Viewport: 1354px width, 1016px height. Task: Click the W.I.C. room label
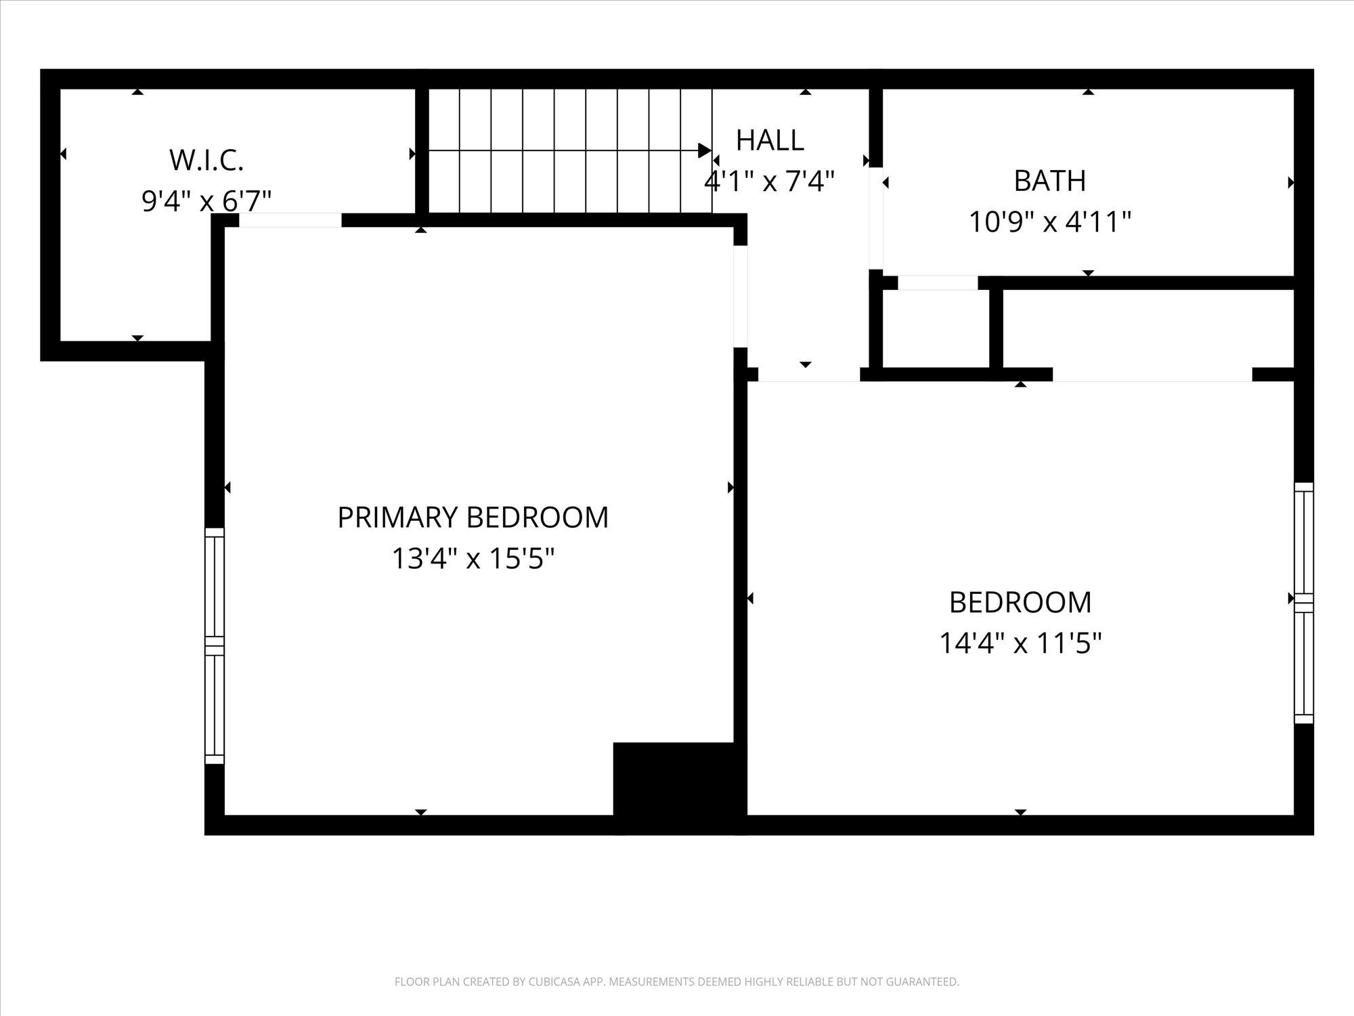(x=206, y=160)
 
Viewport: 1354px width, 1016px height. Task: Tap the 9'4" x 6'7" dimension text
(x=206, y=201)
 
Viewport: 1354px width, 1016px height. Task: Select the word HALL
(x=770, y=140)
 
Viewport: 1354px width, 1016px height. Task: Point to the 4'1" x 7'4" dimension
(x=769, y=181)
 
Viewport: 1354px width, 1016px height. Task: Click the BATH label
(x=1050, y=181)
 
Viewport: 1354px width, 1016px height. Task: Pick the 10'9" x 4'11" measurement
(x=1050, y=221)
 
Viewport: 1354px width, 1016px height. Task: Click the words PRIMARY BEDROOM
(x=473, y=517)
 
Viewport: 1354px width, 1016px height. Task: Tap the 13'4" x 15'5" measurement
(x=473, y=559)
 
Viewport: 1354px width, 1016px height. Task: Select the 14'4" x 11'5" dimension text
(x=1020, y=643)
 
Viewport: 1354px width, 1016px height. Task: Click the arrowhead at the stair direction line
(x=705, y=150)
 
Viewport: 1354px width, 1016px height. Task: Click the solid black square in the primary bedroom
(x=674, y=779)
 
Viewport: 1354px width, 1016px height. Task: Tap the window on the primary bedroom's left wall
(x=214, y=646)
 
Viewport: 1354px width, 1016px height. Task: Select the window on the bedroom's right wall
(x=1304, y=603)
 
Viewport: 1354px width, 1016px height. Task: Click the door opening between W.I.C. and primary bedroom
(x=290, y=220)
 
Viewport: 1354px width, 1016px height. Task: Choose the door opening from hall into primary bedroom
(x=741, y=297)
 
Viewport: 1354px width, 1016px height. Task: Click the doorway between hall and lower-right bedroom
(x=809, y=375)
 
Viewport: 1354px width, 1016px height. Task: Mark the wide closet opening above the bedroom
(x=1152, y=375)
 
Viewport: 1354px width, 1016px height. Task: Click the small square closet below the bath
(x=936, y=329)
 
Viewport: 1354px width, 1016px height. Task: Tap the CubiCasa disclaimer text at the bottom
(x=677, y=981)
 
